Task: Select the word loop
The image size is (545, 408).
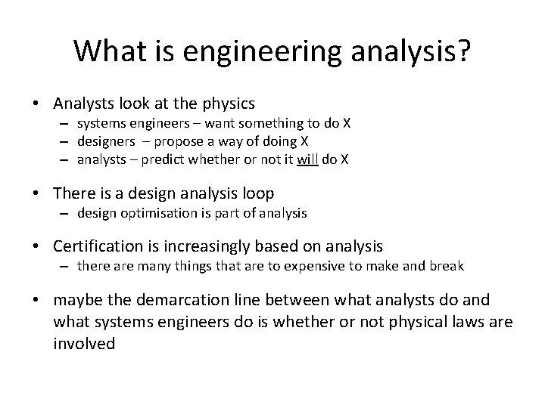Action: [x=257, y=194]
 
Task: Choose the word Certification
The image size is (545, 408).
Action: [x=95, y=246]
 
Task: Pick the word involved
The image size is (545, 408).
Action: [x=84, y=343]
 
